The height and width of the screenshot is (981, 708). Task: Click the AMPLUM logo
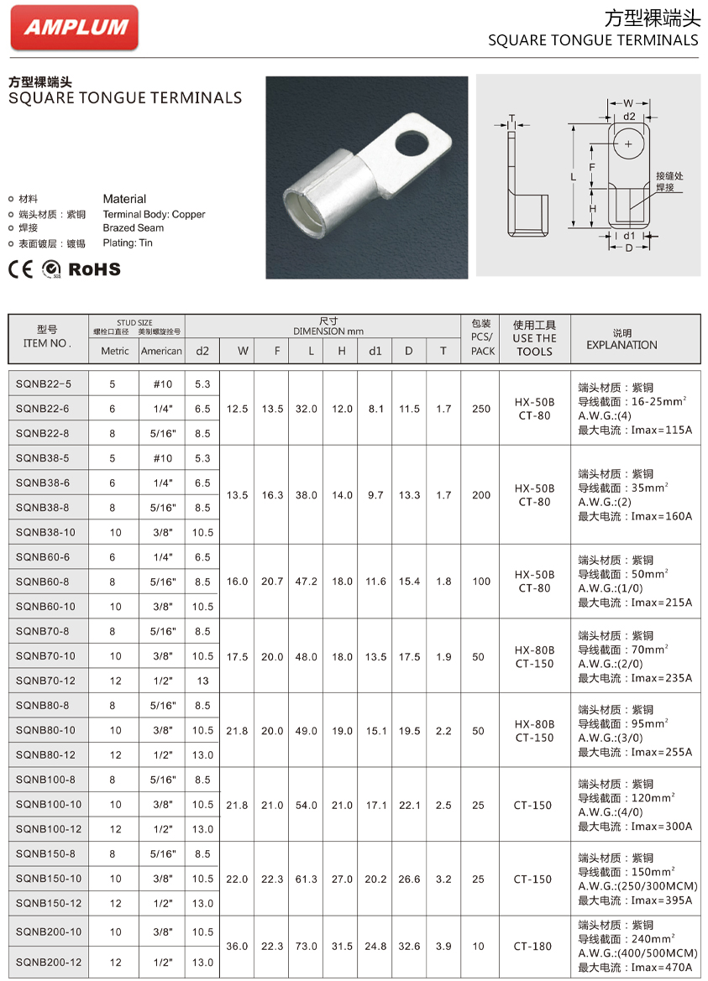pyautogui.click(x=75, y=27)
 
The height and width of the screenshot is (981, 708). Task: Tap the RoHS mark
pyautogui.click(x=94, y=269)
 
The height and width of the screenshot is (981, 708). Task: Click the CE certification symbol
pyautogui.click(x=20, y=269)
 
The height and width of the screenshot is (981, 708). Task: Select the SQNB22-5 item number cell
pyautogui.click(x=44, y=384)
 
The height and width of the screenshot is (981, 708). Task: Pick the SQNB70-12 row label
pyautogui.click(x=45, y=681)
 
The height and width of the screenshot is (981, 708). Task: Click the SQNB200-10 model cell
pyautogui.click(x=48, y=931)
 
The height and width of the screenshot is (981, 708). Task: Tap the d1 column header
pyautogui.click(x=375, y=351)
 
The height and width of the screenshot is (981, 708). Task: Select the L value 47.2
pyautogui.click(x=307, y=582)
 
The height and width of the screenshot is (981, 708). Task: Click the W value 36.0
pyautogui.click(x=237, y=947)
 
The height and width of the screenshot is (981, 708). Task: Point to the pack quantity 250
pyautogui.click(x=481, y=409)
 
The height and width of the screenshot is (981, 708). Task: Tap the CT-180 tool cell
pyautogui.click(x=534, y=947)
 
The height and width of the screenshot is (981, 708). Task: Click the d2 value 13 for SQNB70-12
pyautogui.click(x=202, y=681)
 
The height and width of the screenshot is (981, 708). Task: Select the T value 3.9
pyautogui.click(x=443, y=947)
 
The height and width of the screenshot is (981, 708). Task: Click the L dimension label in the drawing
pyautogui.click(x=573, y=176)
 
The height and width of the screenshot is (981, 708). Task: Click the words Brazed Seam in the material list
pyautogui.click(x=134, y=228)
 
